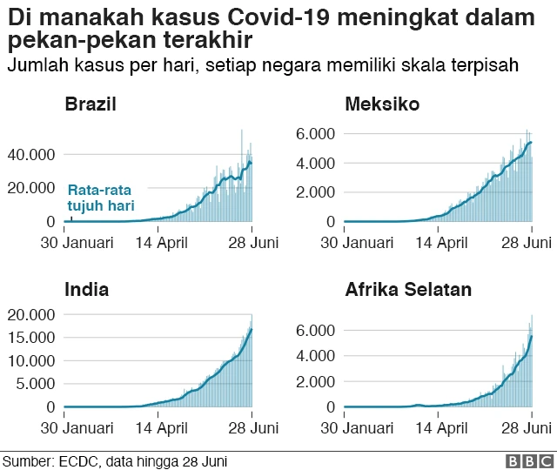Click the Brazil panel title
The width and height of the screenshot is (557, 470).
(x=91, y=105)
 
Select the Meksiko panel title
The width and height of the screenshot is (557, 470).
(x=382, y=105)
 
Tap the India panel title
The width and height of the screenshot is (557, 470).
(x=87, y=290)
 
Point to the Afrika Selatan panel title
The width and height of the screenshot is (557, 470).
(x=408, y=290)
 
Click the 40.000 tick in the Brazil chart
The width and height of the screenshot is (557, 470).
(x=31, y=154)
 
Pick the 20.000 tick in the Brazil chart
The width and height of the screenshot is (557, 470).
(x=31, y=188)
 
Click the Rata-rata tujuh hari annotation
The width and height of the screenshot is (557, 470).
(x=101, y=198)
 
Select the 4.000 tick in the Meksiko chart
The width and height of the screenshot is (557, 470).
(x=318, y=163)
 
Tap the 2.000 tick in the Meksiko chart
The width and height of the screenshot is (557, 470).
(x=318, y=192)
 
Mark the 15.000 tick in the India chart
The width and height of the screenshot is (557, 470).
(x=32, y=337)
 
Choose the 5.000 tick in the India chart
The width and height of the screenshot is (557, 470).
(x=36, y=384)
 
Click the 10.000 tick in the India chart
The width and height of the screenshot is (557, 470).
(x=32, y=360)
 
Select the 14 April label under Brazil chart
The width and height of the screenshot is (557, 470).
(x=161, y=243)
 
